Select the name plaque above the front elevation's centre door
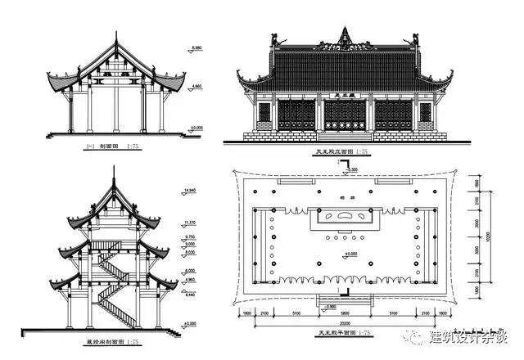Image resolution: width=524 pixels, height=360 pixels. (x=341, y=96)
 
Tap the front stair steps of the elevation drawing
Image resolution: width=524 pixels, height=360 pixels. (x=341, y=135)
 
